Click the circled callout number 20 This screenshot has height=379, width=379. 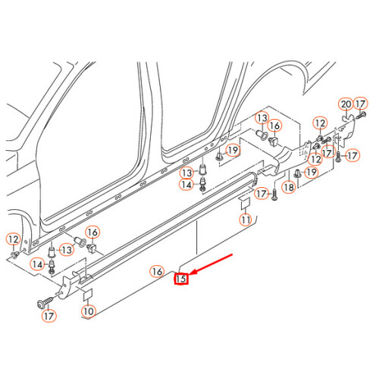[346, 104]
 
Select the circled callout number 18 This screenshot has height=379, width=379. [288, 186]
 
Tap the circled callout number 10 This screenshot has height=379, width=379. [89, 311]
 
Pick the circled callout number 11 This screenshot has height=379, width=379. [245, 220]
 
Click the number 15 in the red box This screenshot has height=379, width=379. [181, 279]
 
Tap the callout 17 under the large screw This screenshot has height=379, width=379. [50, 315]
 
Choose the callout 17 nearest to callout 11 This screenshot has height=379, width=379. [260, 194]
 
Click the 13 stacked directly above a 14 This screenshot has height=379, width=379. [186, 174]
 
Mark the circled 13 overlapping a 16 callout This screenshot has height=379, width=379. [262, 119]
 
